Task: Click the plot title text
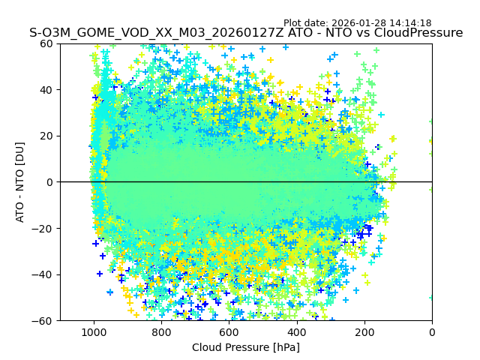pyautogui.click(x=246, y=33)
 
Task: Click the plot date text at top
pyautogui.click(x=357, y=23)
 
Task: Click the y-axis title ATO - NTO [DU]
pyautogui.click(x=20, y=182)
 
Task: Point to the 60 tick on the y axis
pyautogui.click(x=46, y=43)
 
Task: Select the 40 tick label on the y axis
pyautogui.click(x=46, y=90)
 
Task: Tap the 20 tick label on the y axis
pyautogui.click(x=46, y=136)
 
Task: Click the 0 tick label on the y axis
pyautogui.click(x=48, y=182)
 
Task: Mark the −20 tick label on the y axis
pyautogui.click(x=42, y=229)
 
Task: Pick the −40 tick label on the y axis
pyautogui.click(x=42, y=274)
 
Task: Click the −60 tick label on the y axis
pyautogui.click(x=42, y=321)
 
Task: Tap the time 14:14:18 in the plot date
pyautogui.click(x=410, y=23)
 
